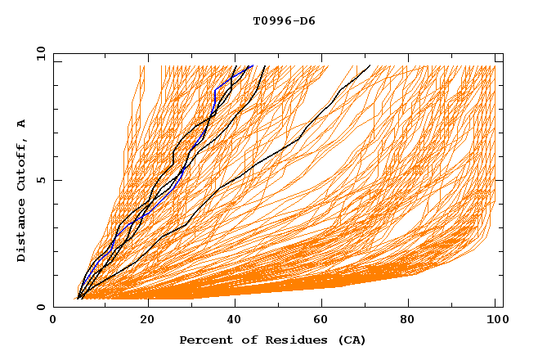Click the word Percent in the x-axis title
point(204,340)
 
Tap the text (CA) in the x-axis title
point(352,340)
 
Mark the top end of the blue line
point(253,65)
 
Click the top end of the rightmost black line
point(370,65)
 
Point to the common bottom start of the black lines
point(78,299)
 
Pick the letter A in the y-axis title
point(22,124)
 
